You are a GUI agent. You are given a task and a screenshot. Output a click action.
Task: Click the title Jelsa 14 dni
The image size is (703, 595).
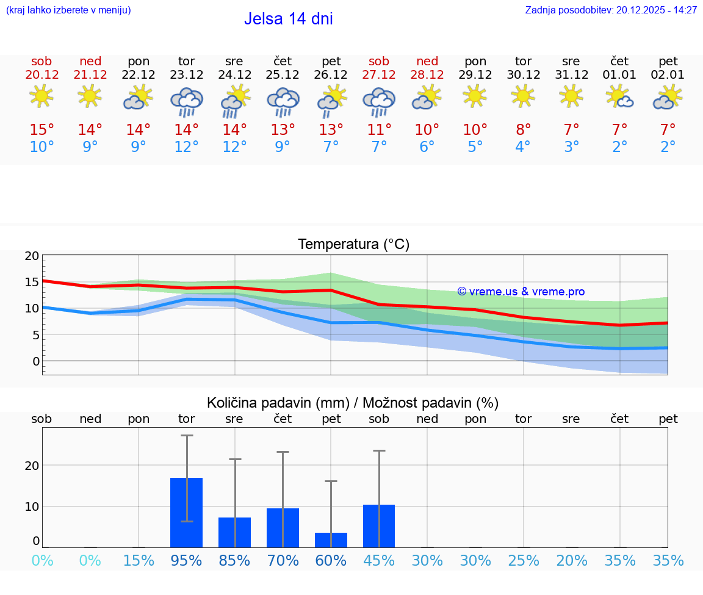[288, 19]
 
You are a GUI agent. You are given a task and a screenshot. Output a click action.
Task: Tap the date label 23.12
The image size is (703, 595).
[186, 75]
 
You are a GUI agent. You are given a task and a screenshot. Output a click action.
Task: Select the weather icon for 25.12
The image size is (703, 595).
[283, 101]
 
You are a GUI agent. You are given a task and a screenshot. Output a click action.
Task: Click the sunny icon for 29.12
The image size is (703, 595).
[475, 96]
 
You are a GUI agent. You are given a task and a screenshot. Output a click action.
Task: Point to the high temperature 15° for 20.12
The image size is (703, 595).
[41, 130]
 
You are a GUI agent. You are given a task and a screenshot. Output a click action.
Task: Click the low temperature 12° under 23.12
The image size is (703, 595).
[186, 148]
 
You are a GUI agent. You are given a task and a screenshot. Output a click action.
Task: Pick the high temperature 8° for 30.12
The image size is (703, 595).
[523, 130]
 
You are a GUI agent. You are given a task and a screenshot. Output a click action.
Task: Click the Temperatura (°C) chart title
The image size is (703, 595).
[353, 245]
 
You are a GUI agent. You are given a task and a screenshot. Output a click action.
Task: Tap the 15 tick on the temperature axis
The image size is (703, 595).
[32, 282]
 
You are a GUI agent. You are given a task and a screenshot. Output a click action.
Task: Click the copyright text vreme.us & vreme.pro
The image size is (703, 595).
[521, 292]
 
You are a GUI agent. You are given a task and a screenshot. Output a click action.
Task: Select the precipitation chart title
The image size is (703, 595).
[353, 403]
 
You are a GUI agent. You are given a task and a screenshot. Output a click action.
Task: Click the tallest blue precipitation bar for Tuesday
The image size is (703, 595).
[186, 513]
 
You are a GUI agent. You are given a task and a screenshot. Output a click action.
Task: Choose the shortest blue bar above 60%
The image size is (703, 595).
[331, 540]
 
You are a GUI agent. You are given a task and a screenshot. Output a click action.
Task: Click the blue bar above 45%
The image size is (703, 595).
[379, 526]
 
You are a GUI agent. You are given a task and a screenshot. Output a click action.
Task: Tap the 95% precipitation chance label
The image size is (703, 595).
[186, 561]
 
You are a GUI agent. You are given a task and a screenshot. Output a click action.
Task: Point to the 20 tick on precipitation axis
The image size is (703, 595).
[32, 465]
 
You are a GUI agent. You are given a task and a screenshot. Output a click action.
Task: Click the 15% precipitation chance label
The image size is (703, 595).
[139, 561]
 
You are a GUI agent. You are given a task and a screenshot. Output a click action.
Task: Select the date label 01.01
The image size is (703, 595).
[619, 75]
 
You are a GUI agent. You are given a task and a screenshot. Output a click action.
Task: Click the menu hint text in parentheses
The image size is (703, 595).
[68, 10]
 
